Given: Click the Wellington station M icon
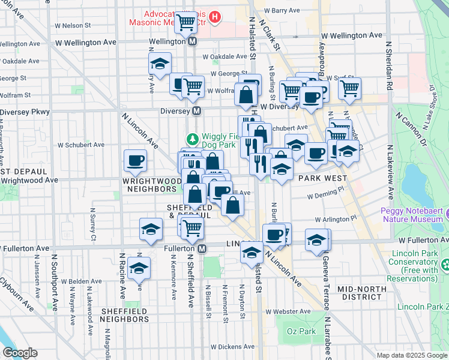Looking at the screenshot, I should [x=193, y=42].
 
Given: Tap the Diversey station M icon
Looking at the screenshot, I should [x=196, y=112].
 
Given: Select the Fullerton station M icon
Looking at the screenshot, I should [x=202, y=248].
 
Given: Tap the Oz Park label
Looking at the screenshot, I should [x=292, y=331].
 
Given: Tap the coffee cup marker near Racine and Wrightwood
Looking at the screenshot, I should [x=135, y=160].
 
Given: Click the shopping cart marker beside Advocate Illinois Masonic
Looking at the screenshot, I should [x=186, y=23].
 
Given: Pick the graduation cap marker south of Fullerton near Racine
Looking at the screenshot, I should [x=139, y=269].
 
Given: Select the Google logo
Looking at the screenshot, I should [x=20, y=353].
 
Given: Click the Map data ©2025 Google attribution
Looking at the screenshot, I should [x=412, y=355].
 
